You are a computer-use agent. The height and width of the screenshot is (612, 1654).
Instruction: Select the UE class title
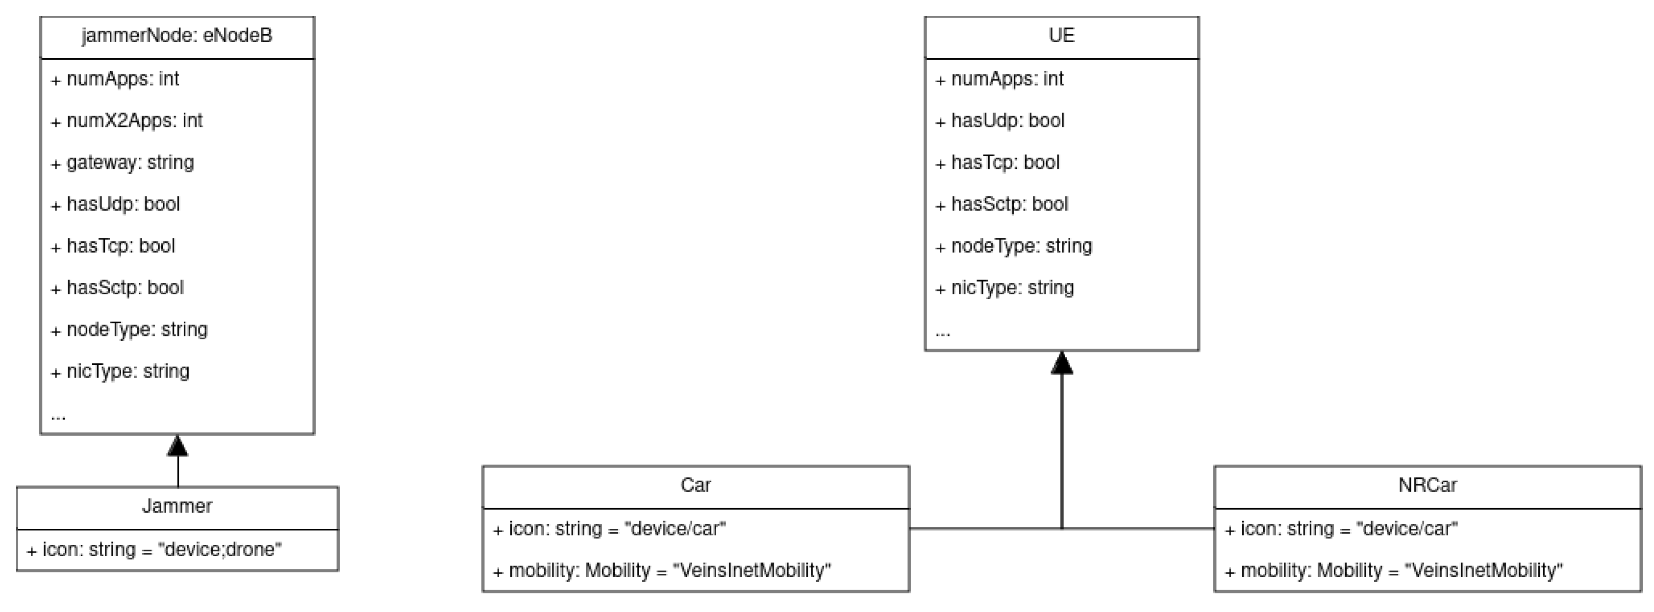pyautogui.click(x=1061, y=35)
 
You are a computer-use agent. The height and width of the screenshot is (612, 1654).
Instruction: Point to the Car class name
pyautogui.click(x=695, y=485)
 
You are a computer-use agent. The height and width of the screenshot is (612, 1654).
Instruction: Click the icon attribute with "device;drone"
pyautogui.click(x=154, y=550)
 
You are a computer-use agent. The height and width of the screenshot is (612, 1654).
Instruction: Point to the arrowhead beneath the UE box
pyautogui.click(x=1061, y=363)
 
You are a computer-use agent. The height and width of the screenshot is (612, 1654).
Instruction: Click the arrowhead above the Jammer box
pyautogui.click(x=177, y=446)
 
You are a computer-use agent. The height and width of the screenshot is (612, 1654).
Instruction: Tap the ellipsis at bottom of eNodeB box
pyautogui.click(x=58, y=416)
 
